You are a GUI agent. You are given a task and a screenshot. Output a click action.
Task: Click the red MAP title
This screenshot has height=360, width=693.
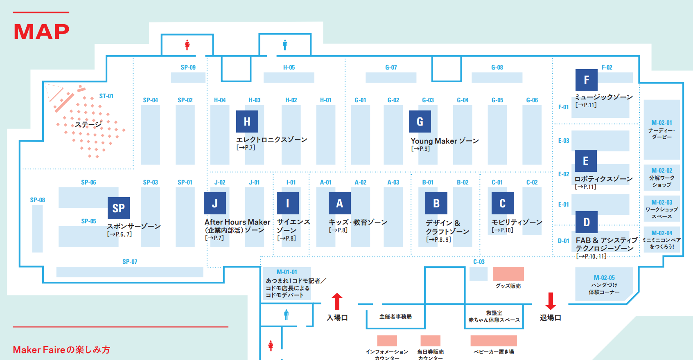pyautogui.click(x=41, y=32)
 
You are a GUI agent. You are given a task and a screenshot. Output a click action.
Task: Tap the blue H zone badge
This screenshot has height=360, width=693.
pyautogui.click(x=247, y=121)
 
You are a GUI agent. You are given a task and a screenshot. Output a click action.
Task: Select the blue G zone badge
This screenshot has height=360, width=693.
pyautogui.click(x=420, y=121)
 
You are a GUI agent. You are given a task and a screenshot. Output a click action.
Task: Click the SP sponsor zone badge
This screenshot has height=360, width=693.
pyautogui.click(x=118, y=208)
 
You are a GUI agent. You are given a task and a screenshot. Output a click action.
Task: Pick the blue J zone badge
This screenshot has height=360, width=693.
pyautogui.click(x=215, y=203)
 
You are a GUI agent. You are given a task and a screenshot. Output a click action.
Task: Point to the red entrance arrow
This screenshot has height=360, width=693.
pyautogui.click(x=337, y=301)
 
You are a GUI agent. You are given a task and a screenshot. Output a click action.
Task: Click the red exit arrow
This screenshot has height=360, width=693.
pyautogui.click(x=551, y=301)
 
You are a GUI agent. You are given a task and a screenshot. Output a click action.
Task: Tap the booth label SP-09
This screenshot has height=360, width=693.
pyautogui.click(x=188, y=67)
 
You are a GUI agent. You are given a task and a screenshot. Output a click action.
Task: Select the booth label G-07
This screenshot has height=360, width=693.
pyautogui.click(x=391, y=67)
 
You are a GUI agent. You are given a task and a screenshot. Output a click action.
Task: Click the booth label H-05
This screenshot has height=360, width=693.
pyautogui.click(x=289, y=67)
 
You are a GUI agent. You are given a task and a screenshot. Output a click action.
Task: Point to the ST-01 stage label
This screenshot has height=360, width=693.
pyautogui.click(x=106, y=96)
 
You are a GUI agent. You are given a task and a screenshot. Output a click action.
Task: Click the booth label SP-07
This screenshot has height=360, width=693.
pyautogui.click(x=130, y=262)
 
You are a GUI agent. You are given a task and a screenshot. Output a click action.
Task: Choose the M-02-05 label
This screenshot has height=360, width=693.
pyautogui.click(x=604, y=278)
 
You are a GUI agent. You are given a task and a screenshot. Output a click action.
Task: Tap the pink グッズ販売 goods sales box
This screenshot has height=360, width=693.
pyautogui.click(x=508, y=274)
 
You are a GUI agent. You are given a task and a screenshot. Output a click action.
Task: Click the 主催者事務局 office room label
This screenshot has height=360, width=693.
pyautogui.click(x=395, y=317)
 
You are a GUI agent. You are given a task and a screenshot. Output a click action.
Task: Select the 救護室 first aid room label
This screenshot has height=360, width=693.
pyautogui.click(x=494, y=313)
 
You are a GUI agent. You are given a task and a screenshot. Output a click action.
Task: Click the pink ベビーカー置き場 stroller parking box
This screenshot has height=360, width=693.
pyautogui.click(x=494, y=340)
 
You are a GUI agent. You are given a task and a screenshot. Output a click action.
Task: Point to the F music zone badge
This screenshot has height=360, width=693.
pyautogui.click(x=586, y=80)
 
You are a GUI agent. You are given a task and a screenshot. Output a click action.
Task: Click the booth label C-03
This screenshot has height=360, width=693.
pyautogui.click(x=479, y=262)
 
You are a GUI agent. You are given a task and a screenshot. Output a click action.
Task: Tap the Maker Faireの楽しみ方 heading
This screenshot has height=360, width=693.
pyautogui.click(x=61, y=350)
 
